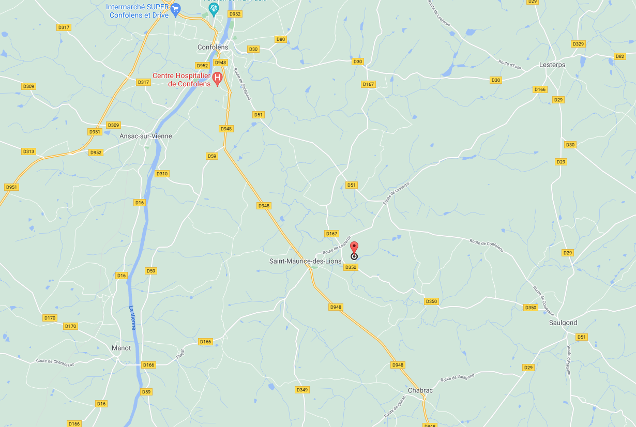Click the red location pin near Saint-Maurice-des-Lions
[354, 248]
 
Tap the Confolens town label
[213, 47]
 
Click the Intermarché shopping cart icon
[176, 8]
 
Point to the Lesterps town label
[552, 65]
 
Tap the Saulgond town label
[563, 323]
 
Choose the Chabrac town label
[420, 390]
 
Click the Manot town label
[122, 348]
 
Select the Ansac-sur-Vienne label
[146, 136]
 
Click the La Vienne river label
[132, 318]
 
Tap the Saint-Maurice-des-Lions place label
[305, 261]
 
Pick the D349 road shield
[302, 390]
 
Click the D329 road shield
[578, 44]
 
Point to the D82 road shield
[620, 56]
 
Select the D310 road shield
[162, 174]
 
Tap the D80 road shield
[281, 39]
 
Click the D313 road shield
[28, 151]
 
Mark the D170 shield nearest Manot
[70, 326]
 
